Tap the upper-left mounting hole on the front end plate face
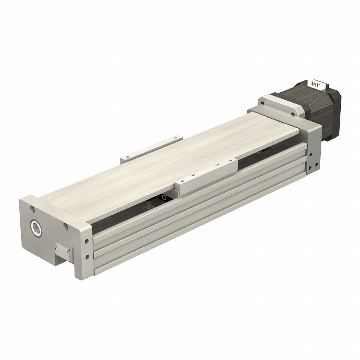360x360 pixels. click(x=33, y=209)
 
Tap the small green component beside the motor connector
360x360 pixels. click(x=328, y=88)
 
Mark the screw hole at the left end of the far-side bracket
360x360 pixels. click(x=126, y=158)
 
